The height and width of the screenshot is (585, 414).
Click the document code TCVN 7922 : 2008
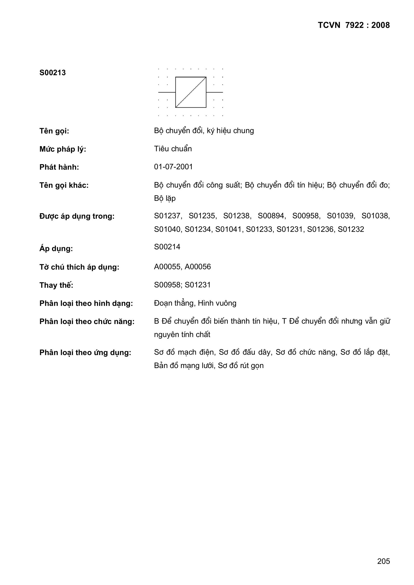coord(354,25)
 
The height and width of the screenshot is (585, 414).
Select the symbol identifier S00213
coord(53,73)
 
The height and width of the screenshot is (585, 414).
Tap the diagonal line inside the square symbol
coord(191,92)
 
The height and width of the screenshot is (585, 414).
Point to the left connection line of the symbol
coord(167,92)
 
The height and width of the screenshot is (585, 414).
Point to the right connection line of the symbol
coord(215,92)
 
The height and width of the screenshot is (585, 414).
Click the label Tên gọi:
coord(54,131)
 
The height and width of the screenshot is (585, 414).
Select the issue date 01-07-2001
coord(173,167)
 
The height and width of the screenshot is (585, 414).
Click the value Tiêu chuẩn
coord(173,149)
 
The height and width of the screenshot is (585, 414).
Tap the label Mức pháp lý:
coord(63,149)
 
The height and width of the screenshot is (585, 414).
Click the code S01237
coord(168,216)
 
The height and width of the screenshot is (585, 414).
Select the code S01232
coord(351,229)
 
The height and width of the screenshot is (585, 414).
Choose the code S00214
coord(167,247)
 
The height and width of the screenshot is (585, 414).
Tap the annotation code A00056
coord(197,267)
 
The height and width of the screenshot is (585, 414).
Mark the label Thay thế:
coord(56,285)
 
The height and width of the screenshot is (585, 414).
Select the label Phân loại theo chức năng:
coord(87,322)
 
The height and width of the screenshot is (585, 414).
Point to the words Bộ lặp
coord(165,198)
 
